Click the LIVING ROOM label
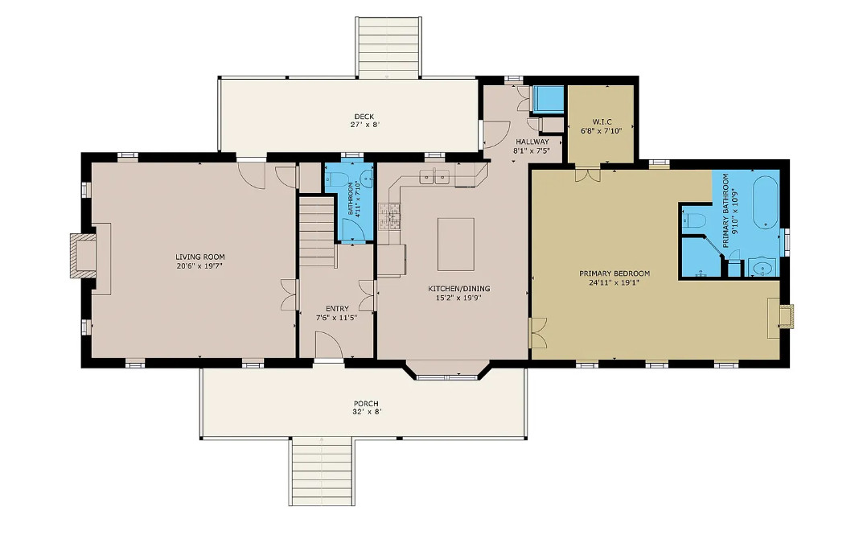click(199, 257)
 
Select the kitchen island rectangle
click(456, 245)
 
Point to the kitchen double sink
click(435, 177)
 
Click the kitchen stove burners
click(389, 216)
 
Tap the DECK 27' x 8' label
click(364, 121)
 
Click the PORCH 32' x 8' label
click(366, 408)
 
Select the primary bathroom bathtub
click(765, 201)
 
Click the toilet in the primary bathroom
click(695, 220)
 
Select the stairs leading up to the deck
click(389, 47)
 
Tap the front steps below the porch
click(322, 471)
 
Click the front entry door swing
click(329, 344)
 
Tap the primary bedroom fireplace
click(780, 318)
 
